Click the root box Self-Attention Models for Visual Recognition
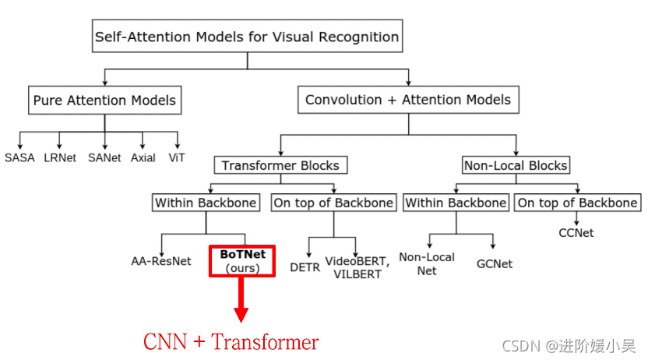[x=247, y=37]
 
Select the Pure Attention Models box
[x=104, y=100]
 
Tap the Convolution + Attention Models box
[x=408, y=100]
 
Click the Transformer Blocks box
[x=280, y=165]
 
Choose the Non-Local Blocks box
[x=516, y=165]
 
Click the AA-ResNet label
[x=161, y=261]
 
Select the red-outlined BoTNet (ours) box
[x=241, y=261]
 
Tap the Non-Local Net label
[x=427, y=263]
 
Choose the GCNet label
[x=495, y=263]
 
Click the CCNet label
[x=578, y=232]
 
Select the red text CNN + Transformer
[x=231, y=342]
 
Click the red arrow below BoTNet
[x=241, y=300]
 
